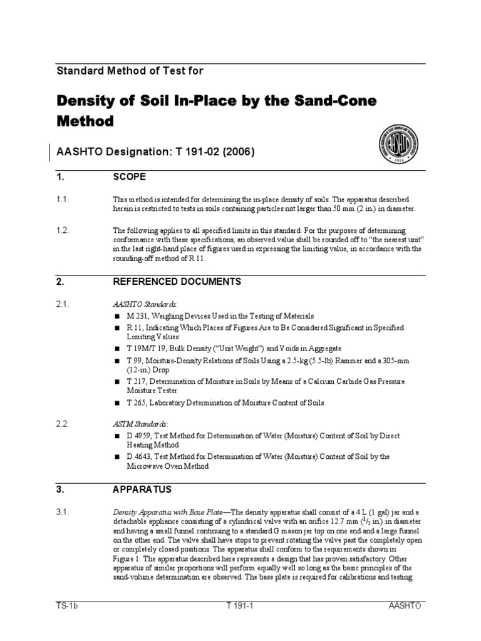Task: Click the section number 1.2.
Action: tap(63, 230)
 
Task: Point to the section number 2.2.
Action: tap(63, 424)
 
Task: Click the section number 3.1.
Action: tap(63, 512)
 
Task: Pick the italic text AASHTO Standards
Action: tap(138, 304)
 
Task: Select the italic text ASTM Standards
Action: tap(133, 424)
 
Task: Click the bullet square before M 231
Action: tap(116, 317)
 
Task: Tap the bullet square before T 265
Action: tap(116, 403)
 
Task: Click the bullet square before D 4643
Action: tap(116, 457)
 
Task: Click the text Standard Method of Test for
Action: tap(130, 71)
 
